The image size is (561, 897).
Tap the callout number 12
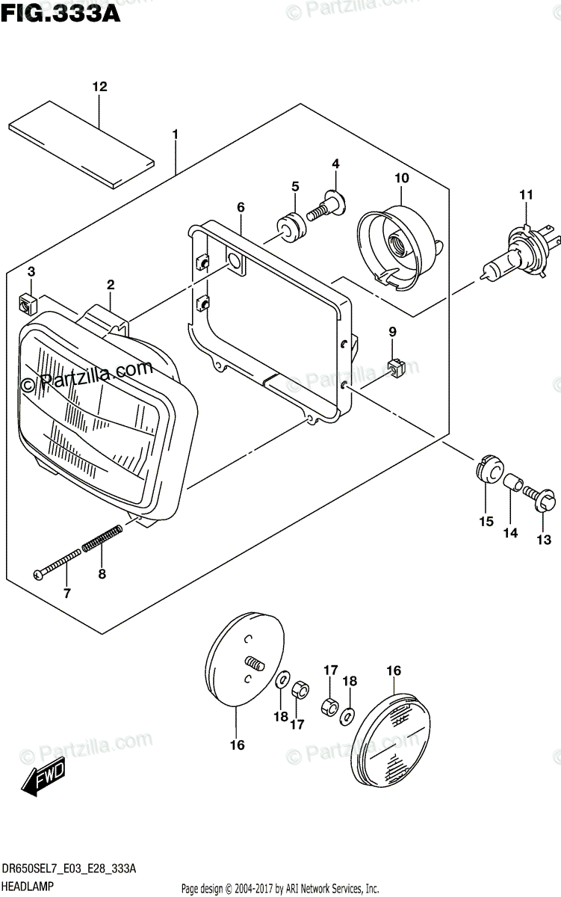(x=99, y=87)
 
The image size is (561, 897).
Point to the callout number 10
(x=402, y=178)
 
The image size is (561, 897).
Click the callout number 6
(x=241, y=205)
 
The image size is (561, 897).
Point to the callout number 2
(x=110, y=284)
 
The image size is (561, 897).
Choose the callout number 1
(x=175, y=135)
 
